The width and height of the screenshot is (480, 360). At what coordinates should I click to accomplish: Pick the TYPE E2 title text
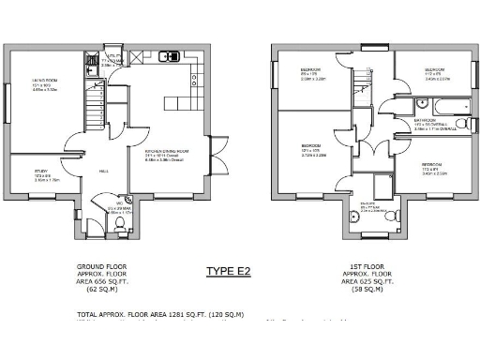tap(230, 272)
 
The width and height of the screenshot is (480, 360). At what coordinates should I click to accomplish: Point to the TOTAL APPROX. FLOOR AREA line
tap(159, 314)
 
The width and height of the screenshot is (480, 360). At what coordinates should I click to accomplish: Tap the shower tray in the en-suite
tap(382, 184)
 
